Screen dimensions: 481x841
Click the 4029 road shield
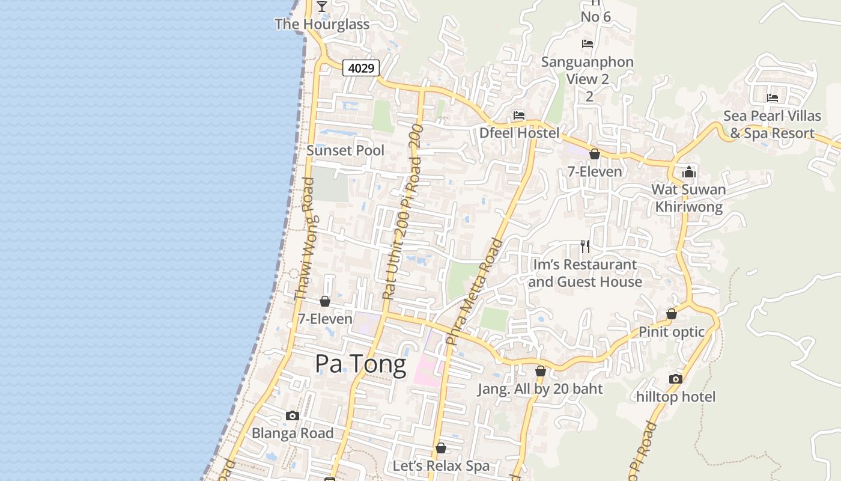[x=362, y=68]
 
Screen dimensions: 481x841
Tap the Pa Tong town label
[x=360, y=364]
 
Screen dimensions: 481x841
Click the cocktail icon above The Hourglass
[x=322, y=6]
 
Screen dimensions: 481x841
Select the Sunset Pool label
[x=345, y=150]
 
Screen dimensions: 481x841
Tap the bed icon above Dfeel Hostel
[x=519, y=115]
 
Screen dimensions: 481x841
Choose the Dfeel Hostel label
[x=519, y=133]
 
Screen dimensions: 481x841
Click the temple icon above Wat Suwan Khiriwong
[x=688, y=173]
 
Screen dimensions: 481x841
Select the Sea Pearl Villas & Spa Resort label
[x=772, y=124]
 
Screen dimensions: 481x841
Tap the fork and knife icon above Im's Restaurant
[x=584, y=246]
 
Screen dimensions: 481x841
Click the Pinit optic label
[x=672, y=332]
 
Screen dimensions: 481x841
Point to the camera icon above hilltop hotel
[x=676, y=379]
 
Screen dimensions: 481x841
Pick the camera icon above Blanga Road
[x=293, y=415]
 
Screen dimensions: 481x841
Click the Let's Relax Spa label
[x=441, y=466]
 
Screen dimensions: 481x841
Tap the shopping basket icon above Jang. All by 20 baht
[x=541, y=371]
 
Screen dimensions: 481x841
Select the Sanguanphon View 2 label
[x=587, y=70]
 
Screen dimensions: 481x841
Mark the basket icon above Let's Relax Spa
[x=441, y=448]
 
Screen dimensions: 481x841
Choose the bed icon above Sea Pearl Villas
[x=773, y=97]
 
